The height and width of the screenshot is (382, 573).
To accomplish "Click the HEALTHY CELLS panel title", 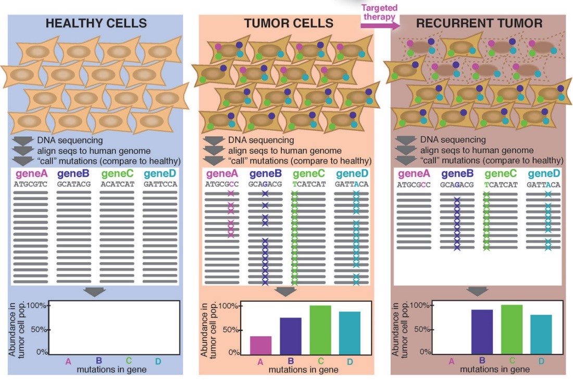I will [96, 23].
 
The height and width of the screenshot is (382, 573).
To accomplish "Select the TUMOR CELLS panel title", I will [289, 23].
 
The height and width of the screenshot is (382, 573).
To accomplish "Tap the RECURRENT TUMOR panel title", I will [479, 23].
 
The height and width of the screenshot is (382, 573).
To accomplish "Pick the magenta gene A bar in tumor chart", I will [261, 345].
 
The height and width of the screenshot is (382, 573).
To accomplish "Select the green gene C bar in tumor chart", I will [320, 330].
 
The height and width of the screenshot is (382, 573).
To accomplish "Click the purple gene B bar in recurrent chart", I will [482, 332].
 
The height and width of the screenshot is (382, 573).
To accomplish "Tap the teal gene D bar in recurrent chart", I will [541, 335].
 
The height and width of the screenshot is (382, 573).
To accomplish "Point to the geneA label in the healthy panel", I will [32, 174].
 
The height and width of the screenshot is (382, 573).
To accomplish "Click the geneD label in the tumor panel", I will [352, 174].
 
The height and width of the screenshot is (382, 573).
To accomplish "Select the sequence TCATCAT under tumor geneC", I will [309, 184].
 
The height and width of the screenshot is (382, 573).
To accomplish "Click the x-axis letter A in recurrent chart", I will [452, 361].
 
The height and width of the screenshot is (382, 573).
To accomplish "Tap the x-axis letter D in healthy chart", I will [158, 361].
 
